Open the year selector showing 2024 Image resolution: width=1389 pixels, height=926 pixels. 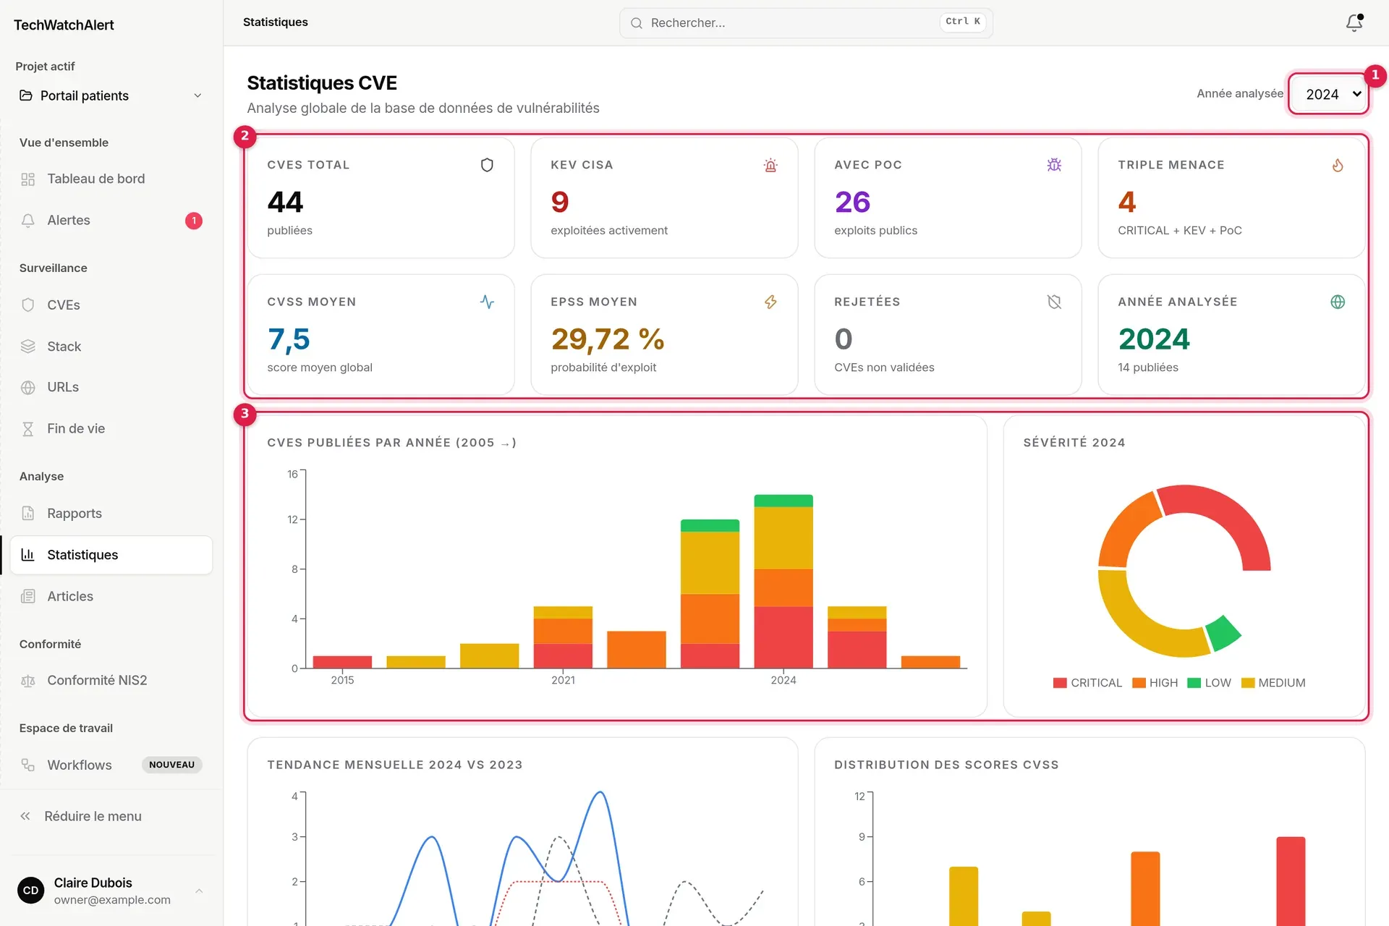(1328, 94)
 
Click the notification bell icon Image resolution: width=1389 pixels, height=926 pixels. (1354, 23)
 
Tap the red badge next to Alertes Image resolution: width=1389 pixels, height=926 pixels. (194, 221)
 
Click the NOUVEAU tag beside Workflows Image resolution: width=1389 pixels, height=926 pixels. (171, 765)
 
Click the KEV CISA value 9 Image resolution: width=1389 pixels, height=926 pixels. (560, 202)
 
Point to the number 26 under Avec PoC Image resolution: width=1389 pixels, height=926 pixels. (852, 202)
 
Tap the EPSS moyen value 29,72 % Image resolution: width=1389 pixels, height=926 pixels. (608, 339)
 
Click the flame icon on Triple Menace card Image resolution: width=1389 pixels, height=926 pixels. (1338, 165)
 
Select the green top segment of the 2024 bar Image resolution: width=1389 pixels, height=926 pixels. (783, 501)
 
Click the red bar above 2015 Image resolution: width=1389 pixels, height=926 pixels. (342, 662)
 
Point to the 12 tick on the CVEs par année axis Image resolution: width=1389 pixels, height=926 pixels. (292, 519)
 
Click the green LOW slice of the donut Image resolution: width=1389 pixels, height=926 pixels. (1224, 633)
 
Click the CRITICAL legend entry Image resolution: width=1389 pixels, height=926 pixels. (1087, 683)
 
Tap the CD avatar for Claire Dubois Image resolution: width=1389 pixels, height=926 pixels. (31, 891)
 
